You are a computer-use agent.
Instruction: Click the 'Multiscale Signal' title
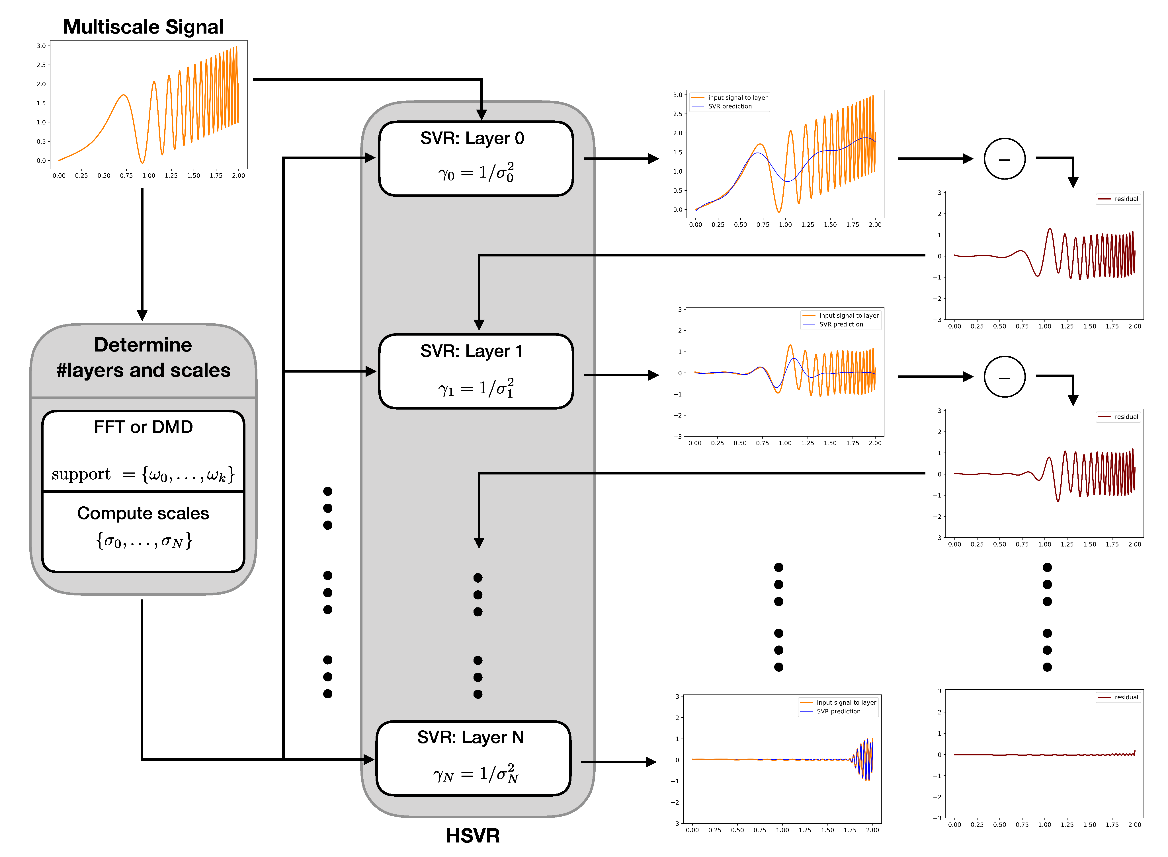coord(143,27)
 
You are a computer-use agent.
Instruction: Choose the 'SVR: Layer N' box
coord(473,758)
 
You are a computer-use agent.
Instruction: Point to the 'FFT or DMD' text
coord(143,427)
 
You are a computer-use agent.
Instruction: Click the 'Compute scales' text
coord(143,513)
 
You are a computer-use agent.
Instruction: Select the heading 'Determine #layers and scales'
coord(143,357)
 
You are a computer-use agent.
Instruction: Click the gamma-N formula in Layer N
coord(475,774)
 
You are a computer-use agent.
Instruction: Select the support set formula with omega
coord(143,474)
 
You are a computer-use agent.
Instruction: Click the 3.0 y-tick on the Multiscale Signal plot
coord(41,46)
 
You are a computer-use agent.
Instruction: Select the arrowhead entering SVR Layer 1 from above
coord(479,325)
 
